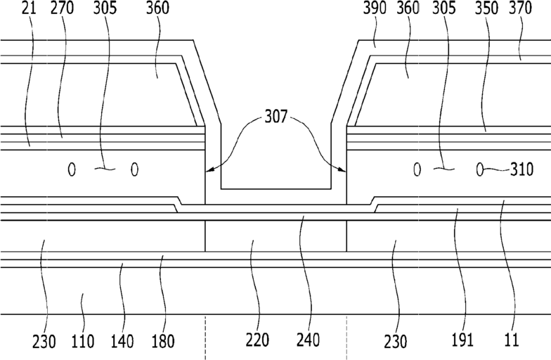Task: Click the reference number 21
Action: (x=29, y=8)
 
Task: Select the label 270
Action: (x=62, y=8)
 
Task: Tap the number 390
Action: (x=375, y=8)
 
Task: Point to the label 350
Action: (x=486, y=8)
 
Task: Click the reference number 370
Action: (x=520, y=8)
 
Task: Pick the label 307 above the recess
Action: (x=275, y=117)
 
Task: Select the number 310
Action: (x=521, y=169)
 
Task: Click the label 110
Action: (x=83, y=341)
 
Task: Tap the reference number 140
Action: (x=122, y=341)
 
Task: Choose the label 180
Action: (x=163, y=341)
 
